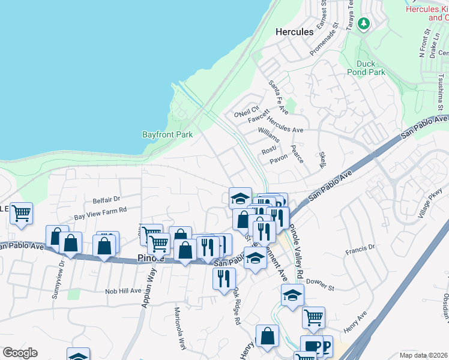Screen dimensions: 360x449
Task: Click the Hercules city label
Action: click(294, 31)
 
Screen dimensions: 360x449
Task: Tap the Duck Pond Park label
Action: click(366, 68)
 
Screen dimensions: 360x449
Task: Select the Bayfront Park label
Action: click(167, 134)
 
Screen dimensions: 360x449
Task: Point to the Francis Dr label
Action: click(360, 247)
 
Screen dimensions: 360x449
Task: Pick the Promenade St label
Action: click(325, 40)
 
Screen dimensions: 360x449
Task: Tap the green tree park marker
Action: click(363, 23)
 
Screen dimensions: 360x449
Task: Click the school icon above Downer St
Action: click(292, 295)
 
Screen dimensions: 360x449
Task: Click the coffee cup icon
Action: click(311, 346)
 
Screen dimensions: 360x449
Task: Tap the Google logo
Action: click(20, 353)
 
